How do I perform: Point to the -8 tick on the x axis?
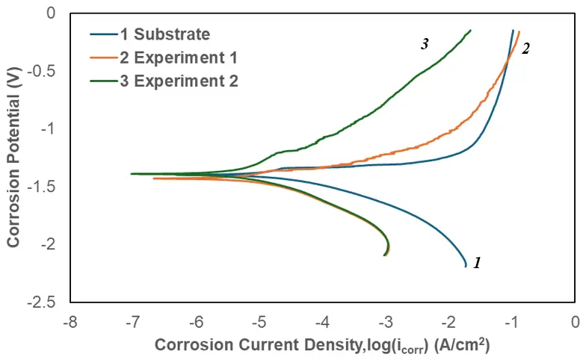(x=70, y=323)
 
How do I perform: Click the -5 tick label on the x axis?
(x=259, y=323)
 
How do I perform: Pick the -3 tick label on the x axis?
(x=386, y=323)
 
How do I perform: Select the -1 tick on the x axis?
(x=512, y=323)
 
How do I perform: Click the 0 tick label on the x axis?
(x=575, y=323)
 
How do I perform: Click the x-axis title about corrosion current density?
(x=321, y=346)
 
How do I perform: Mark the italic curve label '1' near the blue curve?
(x=477, y=263)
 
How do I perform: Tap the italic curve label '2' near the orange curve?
(x=525, y=49)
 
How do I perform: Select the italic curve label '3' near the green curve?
(x=425, y=44)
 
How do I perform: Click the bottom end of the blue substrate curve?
(x=466, y=266)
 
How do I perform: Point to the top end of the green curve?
(x=471, y=31)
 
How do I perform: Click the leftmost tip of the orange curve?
(x=154, y=179)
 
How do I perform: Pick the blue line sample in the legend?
(x=102, y=34)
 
